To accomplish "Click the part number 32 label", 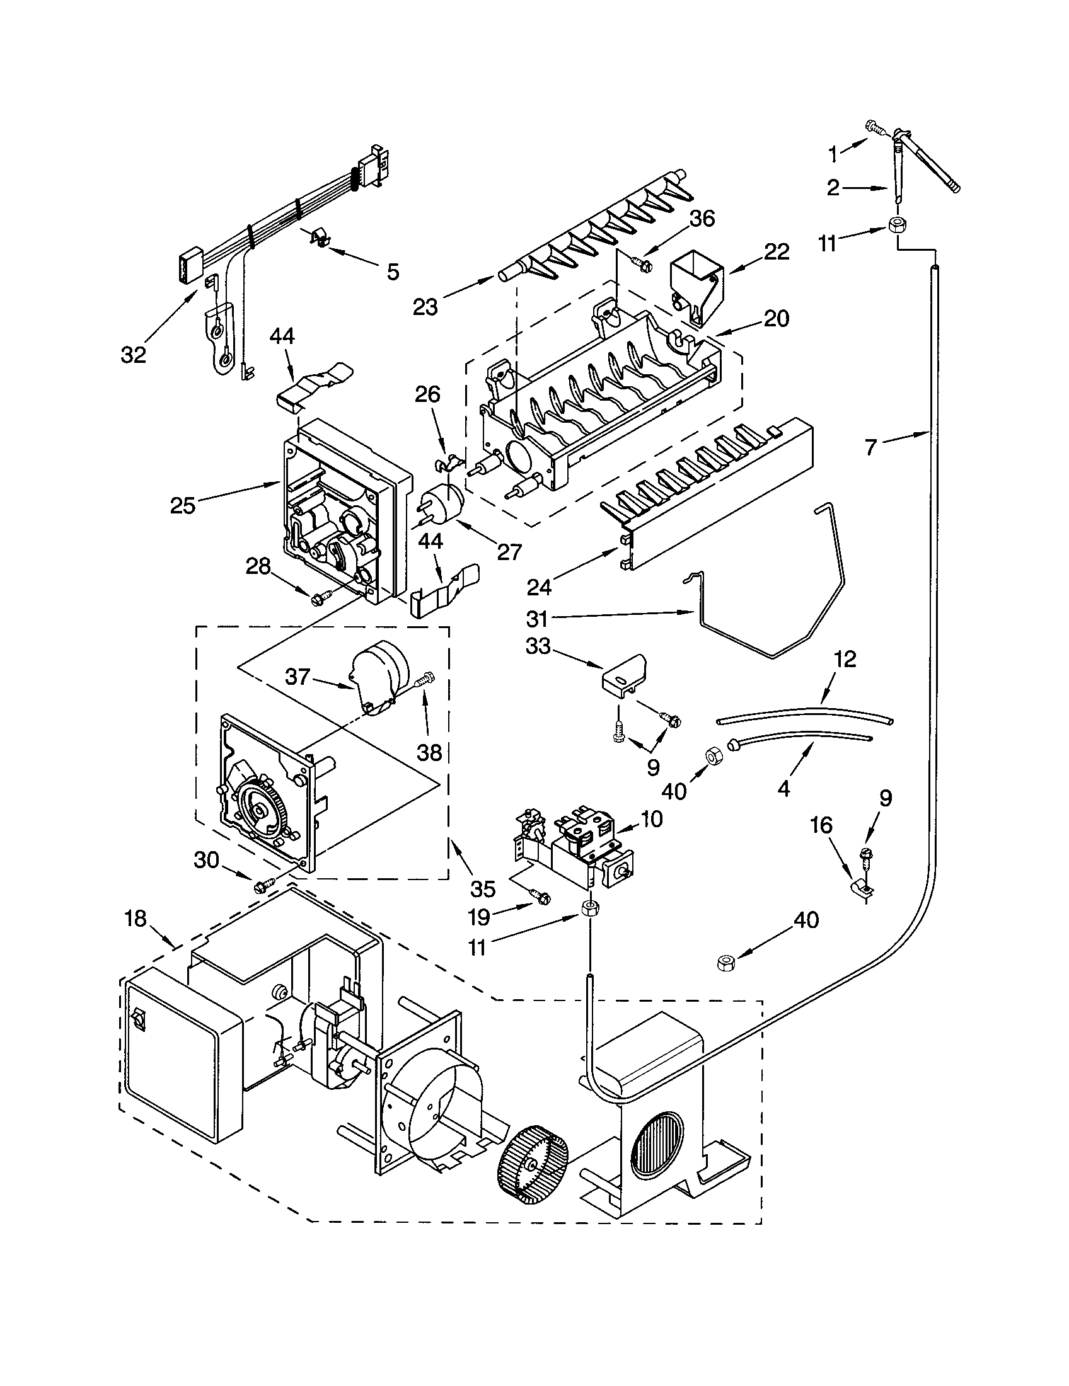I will [x=133, y=355].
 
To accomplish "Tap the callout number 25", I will [x=183, y=506].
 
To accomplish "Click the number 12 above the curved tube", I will [x=845, y=659].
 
